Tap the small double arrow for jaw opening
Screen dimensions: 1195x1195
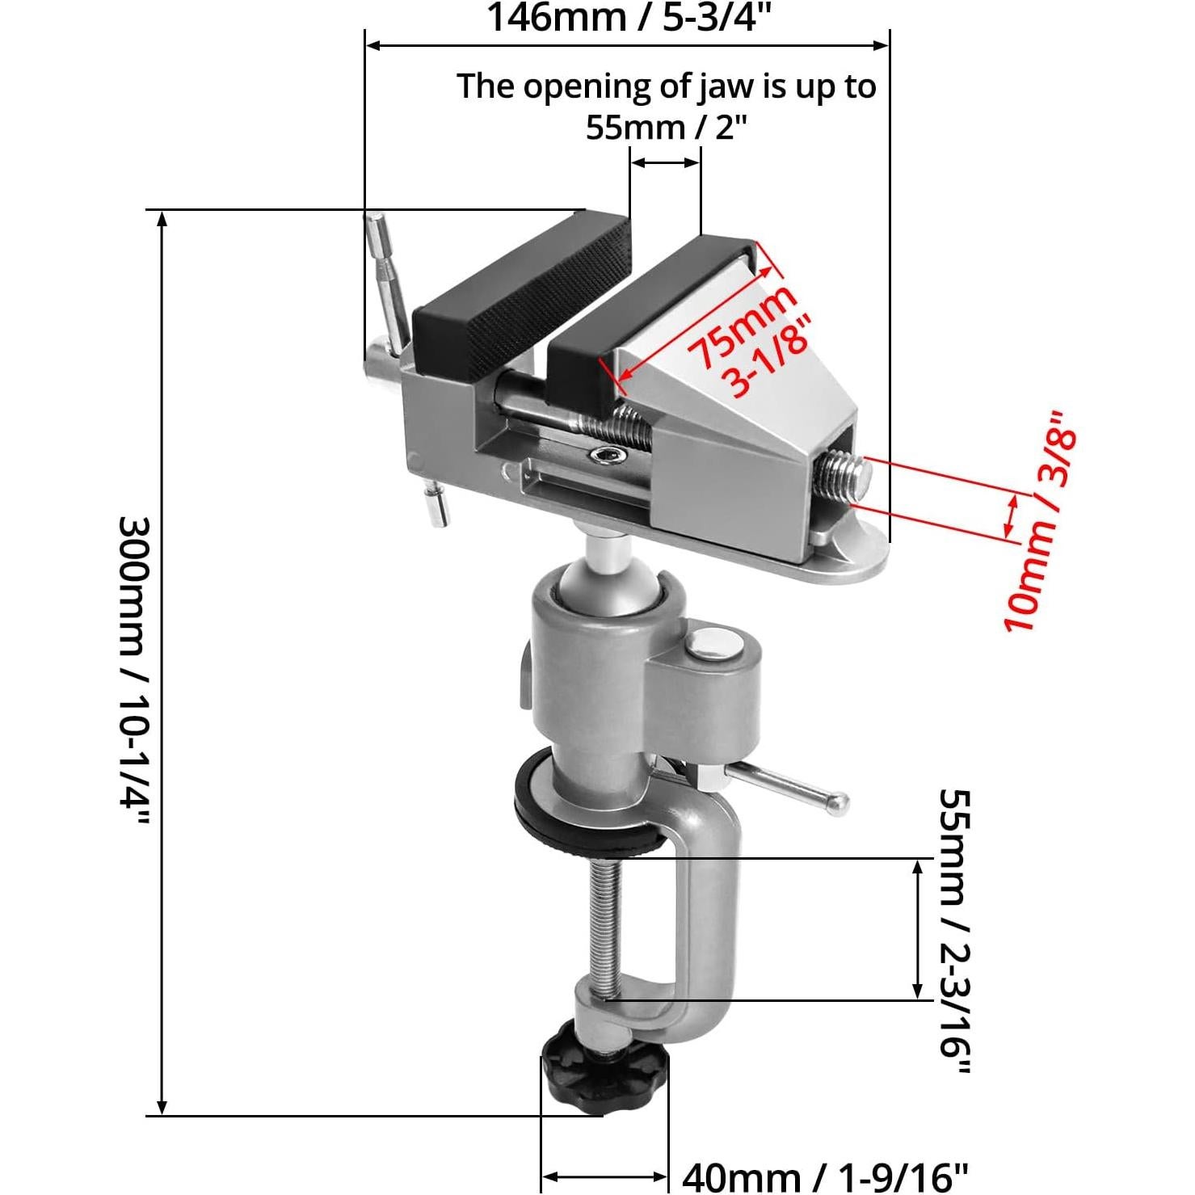[x=664, y=162]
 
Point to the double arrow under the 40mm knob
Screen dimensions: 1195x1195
[x=604, y=1176]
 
